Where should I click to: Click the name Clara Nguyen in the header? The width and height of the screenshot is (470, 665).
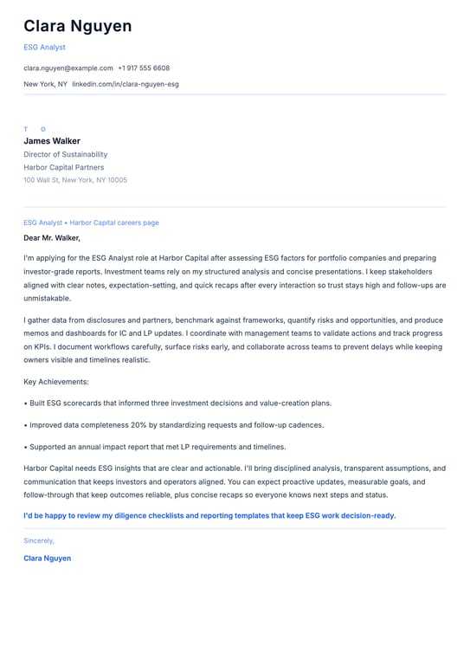78,26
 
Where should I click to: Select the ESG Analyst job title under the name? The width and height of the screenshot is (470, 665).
44,48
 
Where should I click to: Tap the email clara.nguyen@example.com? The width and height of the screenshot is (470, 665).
68,68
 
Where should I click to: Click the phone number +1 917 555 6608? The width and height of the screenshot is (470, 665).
144,68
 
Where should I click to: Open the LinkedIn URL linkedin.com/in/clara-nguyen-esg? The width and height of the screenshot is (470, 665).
126,84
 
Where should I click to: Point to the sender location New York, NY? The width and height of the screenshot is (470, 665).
45,84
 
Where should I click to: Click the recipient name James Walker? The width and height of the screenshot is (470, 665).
52,141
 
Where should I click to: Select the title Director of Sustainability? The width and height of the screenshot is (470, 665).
66,154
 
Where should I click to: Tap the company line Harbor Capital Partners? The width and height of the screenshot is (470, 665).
63,167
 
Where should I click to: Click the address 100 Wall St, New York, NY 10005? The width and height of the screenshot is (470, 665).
75,180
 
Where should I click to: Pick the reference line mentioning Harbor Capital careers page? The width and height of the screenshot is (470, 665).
91,223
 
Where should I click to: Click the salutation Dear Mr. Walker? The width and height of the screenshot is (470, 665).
52,237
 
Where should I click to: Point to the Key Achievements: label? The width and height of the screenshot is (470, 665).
56,381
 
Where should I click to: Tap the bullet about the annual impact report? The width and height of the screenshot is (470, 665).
156,447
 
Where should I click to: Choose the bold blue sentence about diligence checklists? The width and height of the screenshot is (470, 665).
209,515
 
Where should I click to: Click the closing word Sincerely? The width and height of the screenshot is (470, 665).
39,540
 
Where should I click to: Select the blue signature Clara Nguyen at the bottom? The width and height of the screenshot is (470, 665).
48,558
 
